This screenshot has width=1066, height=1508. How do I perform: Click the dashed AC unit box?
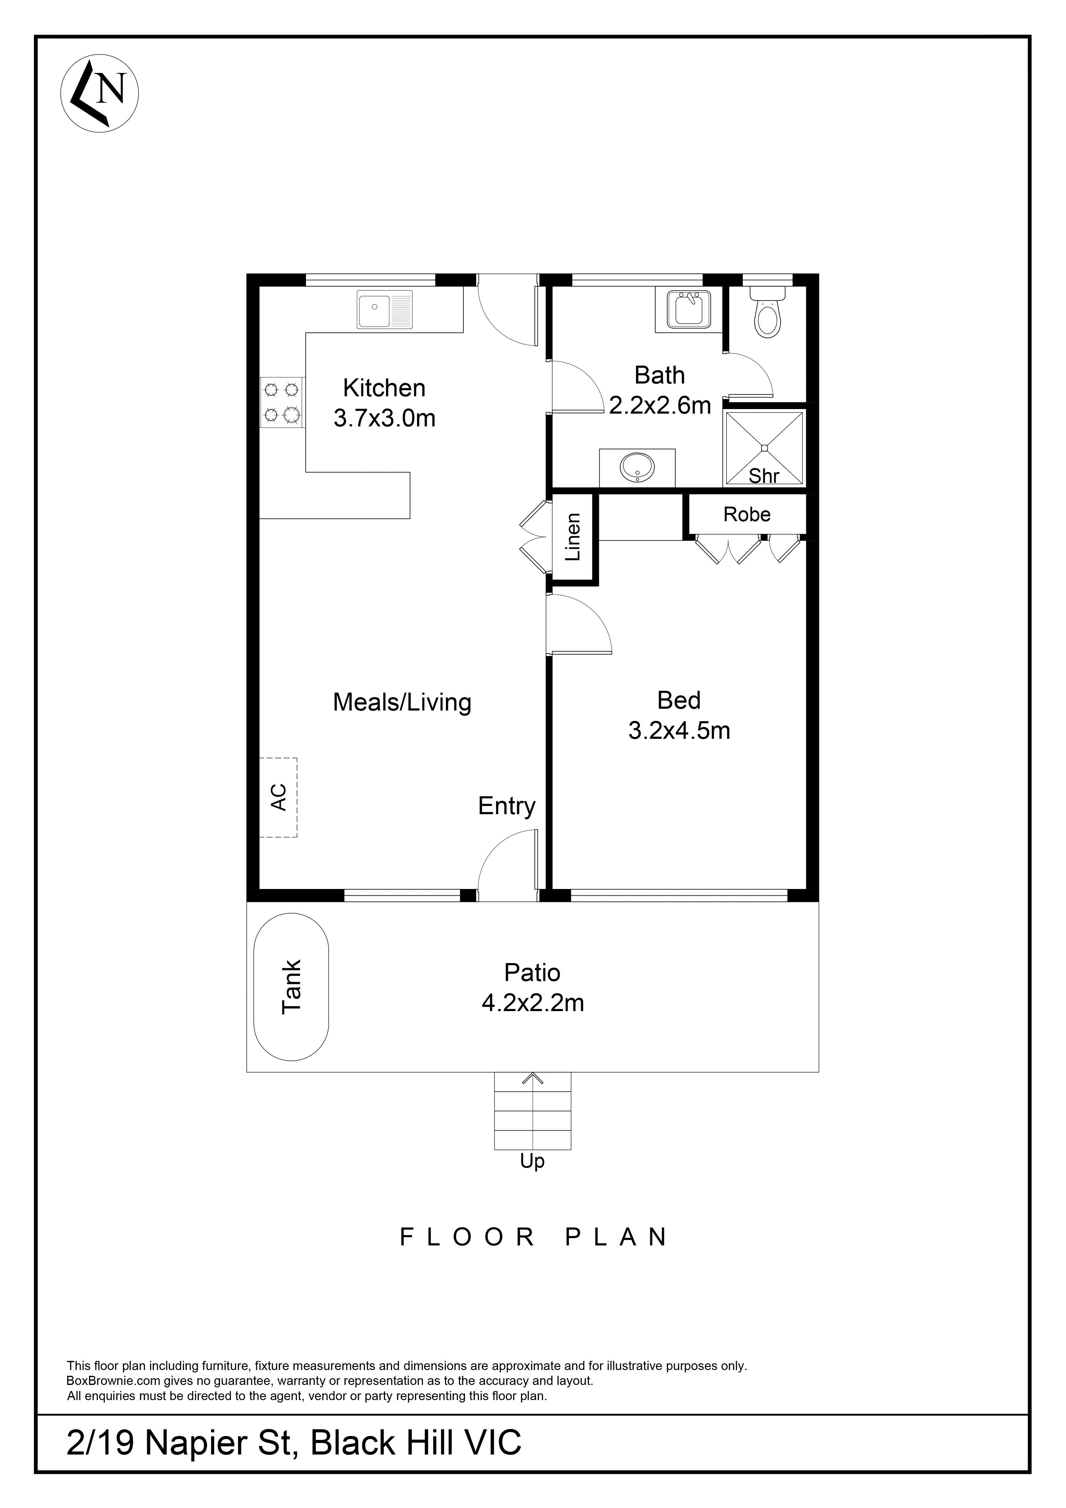point(278,797)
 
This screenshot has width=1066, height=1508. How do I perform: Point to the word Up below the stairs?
point(532,1161)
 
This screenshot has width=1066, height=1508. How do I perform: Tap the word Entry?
point(506,806)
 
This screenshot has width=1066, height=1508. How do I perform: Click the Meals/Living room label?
point(402,702)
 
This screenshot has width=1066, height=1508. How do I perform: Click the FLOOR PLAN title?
point(533,1237)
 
